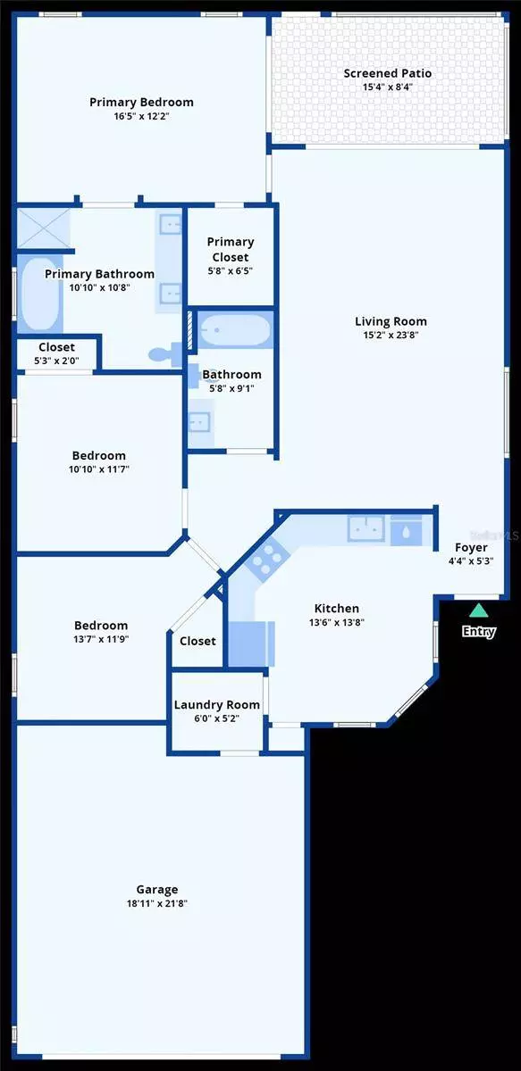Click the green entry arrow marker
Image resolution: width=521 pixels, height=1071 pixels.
(x=479, y=610)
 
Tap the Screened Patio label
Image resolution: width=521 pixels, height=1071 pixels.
(x=388, y=73)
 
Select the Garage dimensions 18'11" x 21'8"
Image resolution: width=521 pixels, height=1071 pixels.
(x=157, y=903)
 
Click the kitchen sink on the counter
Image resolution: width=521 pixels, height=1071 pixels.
(x=366, y=528)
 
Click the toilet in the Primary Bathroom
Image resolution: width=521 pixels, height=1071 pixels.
(x=162, y=353)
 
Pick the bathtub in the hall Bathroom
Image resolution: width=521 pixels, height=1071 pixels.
(x=234, y=332)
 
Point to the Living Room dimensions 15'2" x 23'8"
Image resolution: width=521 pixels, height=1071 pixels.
(x=391, y=336)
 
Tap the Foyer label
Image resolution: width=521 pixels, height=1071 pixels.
(x=471, y=547)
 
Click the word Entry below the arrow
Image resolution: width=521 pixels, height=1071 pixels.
(x=478, y=632)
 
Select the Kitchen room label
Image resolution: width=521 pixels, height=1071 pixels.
(x=335, y=609)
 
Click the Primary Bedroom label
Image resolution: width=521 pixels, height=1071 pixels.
(x=141, y=102)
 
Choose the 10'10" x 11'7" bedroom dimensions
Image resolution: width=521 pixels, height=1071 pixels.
(x=100, y=470)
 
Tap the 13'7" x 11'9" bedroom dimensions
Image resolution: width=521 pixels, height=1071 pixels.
(x=100, y=640)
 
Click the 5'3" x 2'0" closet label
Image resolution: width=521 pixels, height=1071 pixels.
(x=56, y=361)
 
